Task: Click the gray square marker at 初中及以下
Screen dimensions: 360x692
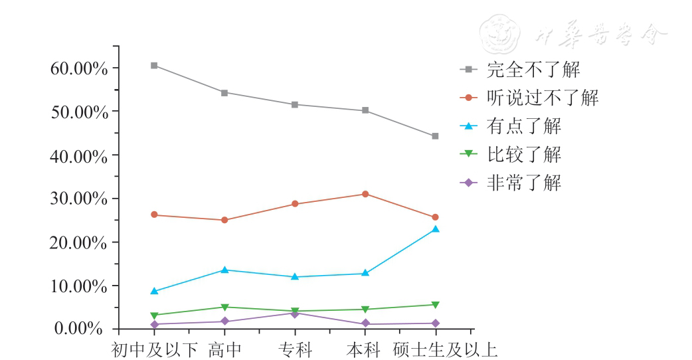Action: point(154,65)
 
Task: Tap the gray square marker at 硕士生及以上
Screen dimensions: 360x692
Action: point(435,136)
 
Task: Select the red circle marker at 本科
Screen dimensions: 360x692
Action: point(365,194)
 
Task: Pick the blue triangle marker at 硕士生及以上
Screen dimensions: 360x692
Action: point(435,229)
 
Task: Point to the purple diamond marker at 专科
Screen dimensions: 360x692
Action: point(294,313)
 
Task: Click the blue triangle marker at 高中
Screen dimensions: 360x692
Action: point(224,270)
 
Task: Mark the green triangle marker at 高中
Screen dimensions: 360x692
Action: point(224,307)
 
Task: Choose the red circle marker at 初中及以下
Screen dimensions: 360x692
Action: point(154,215)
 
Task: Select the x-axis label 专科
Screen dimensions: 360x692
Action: point(294,349)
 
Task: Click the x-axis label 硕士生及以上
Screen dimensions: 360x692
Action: point(445,349)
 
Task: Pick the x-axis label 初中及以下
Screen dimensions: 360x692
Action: point(154,349)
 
